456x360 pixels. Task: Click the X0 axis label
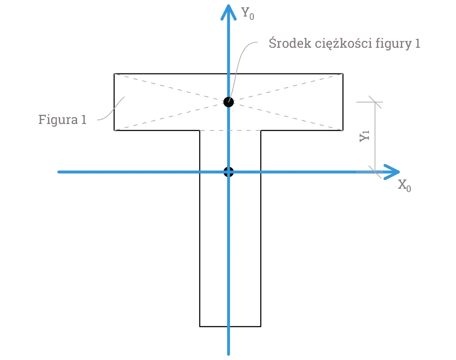(x=405, y=186)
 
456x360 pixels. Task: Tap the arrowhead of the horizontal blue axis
(x=392, y=172)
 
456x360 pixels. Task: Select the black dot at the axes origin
(x=228, y=172)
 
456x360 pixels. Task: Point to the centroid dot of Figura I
(x=228, y=102)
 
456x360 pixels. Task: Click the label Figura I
(x=62, y=119)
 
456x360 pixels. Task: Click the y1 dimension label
(x=365, y=136)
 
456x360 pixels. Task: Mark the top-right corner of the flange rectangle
(x=345, y=72)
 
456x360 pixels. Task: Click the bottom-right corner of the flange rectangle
(x=345, y=131)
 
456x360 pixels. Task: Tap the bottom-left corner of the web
(x=200, y=326)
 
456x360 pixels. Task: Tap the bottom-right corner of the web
(x=261, y=326)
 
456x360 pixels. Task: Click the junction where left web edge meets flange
(x=200, y=131)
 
